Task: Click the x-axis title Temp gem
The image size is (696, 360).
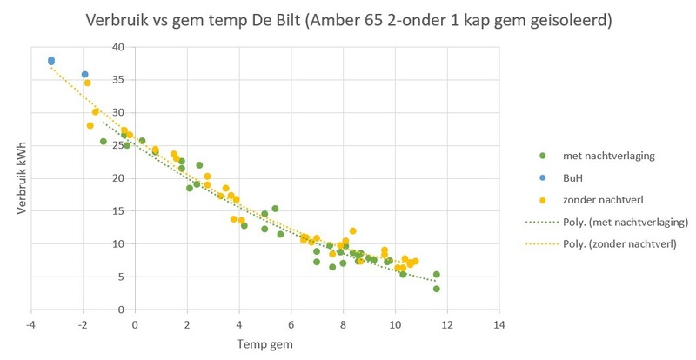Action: pos(265,344)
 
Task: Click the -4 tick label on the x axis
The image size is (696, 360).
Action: pos(31,325)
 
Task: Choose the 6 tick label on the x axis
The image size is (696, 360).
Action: pos(291,325)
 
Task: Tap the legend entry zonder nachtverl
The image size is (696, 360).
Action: pos(600,199)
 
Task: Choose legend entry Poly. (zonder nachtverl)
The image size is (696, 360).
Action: pos(617,243)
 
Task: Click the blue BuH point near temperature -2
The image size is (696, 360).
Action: pos(84,75)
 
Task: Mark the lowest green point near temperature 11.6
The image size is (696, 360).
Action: pos(437,289)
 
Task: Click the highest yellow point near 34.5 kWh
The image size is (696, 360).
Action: pos(88,83)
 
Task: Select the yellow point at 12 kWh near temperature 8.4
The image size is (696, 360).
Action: pos(352,231)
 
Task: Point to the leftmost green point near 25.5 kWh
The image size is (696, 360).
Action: pos(104,142)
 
